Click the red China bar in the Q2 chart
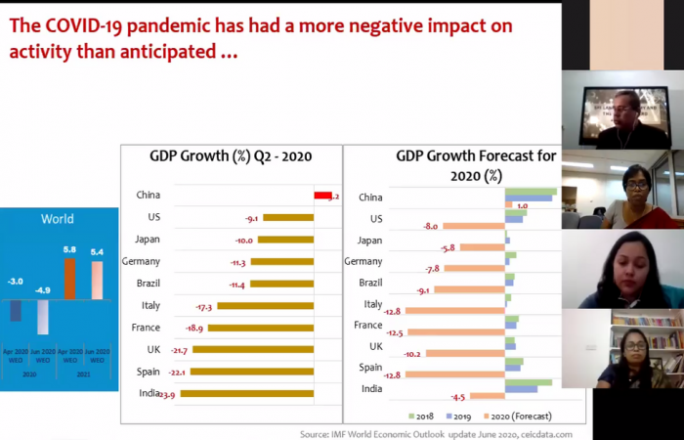click(322, 196)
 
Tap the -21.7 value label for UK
click(178, 350)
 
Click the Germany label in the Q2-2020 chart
click(142, 261)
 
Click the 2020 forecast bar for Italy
click(455, 311)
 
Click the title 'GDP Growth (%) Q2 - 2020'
click(232, 155)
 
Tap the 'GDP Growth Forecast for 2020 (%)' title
click(449, 165)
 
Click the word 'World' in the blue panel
click(57, 219)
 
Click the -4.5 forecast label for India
click(456, 397)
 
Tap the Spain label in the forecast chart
click(370, 368)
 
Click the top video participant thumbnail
click(621, 110)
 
